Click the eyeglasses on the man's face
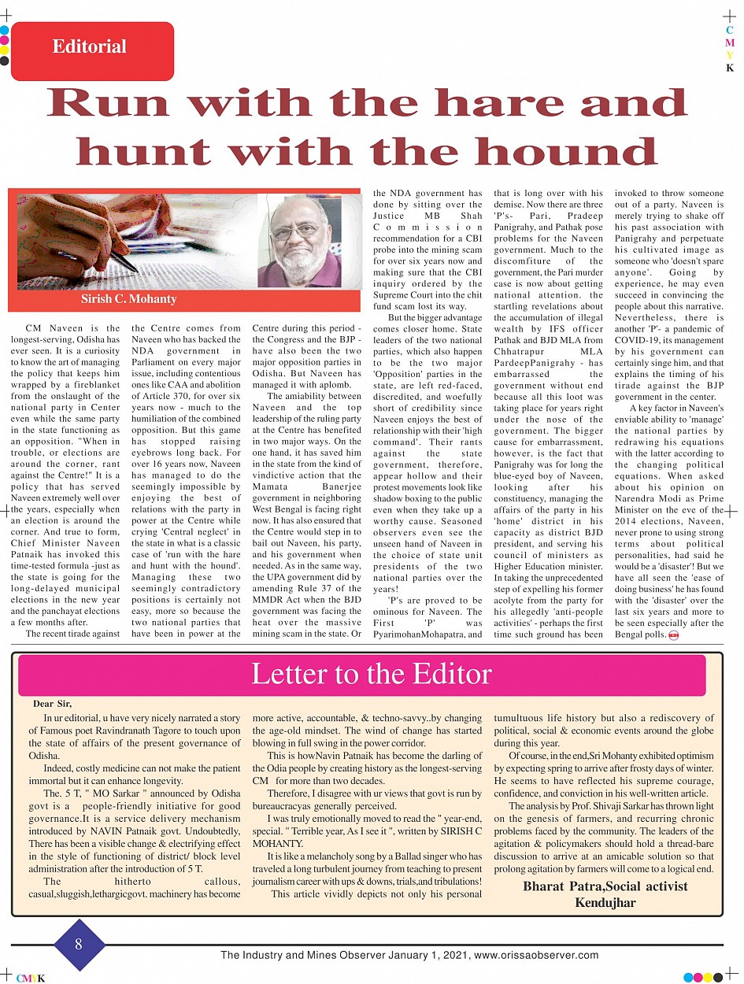[x=296, y=231]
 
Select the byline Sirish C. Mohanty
[x=128, y=299]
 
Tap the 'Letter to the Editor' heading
[x=371, y=675]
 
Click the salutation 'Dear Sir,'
[x=57, y=704]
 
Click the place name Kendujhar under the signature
[x=605, y=902]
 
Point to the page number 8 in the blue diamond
[x=79, y=945]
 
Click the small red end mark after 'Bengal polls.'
[x=673, y=634]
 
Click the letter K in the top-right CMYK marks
[x=730, y=68]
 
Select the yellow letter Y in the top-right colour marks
[x=730, y=55]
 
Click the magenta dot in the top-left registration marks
[x=4, y=40]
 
